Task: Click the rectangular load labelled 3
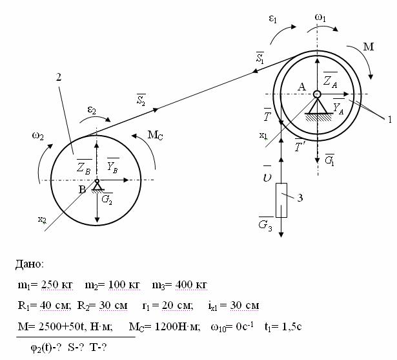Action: pos(281,200)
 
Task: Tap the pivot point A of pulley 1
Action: pos(317,94)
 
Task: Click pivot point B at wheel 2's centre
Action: pos(97,181)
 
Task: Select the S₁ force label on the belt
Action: pos(260,58)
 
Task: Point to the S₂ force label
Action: pos(141,100)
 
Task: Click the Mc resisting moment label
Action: pos(155,135)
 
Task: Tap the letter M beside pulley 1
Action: pos(369,47)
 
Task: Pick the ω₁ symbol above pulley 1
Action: pos(320,18)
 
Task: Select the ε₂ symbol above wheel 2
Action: pos(92,111)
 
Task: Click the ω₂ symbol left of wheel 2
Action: pos(38,136)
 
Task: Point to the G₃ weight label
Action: pos(265,224)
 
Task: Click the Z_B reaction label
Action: pos(84,167)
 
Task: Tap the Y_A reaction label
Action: pos(338,107)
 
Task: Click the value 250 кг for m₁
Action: pos(57,285)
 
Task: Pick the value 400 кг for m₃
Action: pos(191,285)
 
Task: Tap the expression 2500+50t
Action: pos(61,326)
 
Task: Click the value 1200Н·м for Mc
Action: pos(178,326)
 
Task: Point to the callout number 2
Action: pos(59,77)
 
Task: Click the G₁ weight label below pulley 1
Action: pos(330,160)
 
